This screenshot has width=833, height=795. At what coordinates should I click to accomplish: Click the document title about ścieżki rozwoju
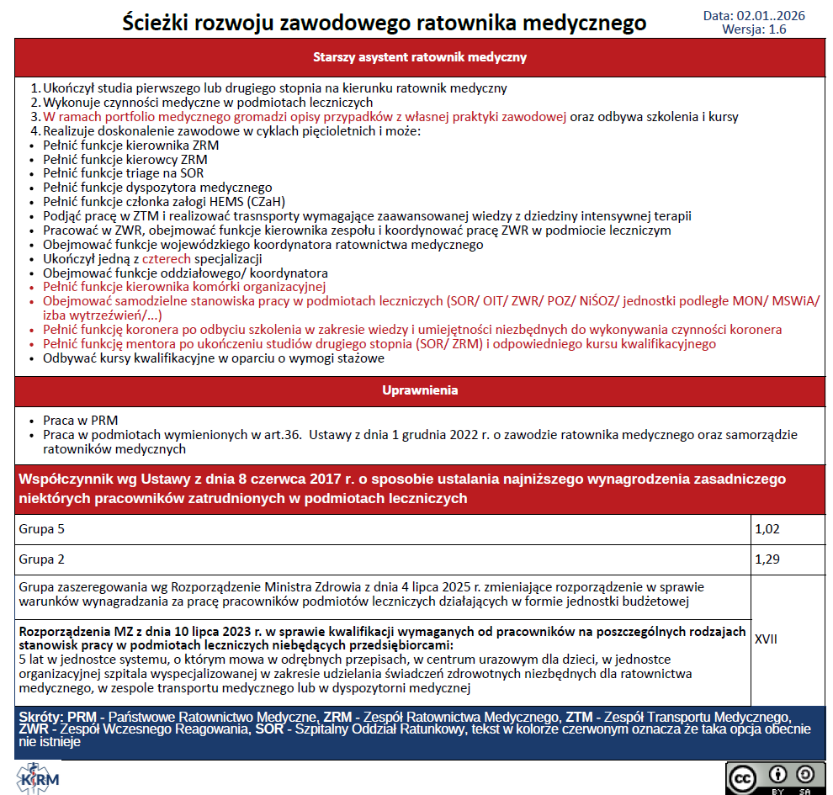[384, 23]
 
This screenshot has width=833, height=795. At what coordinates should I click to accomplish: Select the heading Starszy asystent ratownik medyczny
[419, 58]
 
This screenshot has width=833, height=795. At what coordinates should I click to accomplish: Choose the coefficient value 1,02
[768, 529]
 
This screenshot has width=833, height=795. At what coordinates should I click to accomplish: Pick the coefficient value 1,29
[768, 559]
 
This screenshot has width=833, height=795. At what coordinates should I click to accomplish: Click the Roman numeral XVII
[767, 639]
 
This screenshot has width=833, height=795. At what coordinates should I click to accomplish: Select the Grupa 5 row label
[42, 529]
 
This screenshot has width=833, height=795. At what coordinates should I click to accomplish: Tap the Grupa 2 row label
[42, 559]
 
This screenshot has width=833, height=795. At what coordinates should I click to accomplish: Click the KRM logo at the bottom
[39, 776]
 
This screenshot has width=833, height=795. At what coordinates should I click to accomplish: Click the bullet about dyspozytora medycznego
[157, 188]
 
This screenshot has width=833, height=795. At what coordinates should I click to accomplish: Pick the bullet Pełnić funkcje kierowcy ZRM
[125, 159]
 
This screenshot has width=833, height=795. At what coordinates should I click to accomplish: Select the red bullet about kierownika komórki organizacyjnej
[160, 287]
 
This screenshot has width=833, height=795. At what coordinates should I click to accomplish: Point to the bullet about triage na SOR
[124, 173]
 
